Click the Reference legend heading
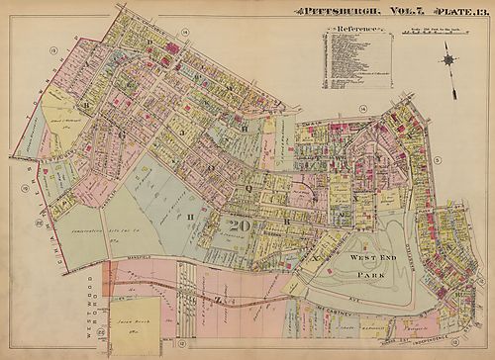click(x=352, y=29)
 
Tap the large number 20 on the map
click(x=239, y=225)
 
